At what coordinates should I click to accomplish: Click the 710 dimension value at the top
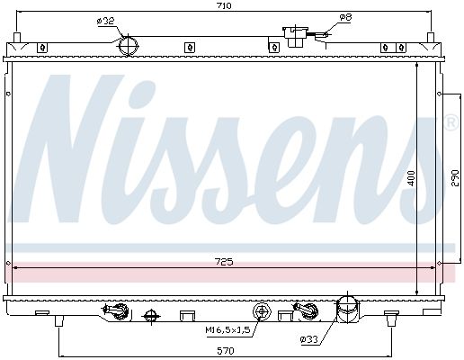pos(225,5)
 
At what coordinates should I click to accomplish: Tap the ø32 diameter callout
pos(105,21)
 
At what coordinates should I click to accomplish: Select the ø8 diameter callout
pos(345,17)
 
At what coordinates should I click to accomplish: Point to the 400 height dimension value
pos(411,178)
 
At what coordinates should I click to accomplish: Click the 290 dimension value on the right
pos(455,178)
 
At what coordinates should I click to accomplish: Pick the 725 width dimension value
pos(225,262)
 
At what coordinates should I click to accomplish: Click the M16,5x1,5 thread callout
pos(228,330)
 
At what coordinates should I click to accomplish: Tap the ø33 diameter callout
pos(308,339)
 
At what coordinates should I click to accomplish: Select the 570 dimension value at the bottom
pos(226,350)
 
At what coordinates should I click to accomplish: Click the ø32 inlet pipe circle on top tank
pos(129,46)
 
